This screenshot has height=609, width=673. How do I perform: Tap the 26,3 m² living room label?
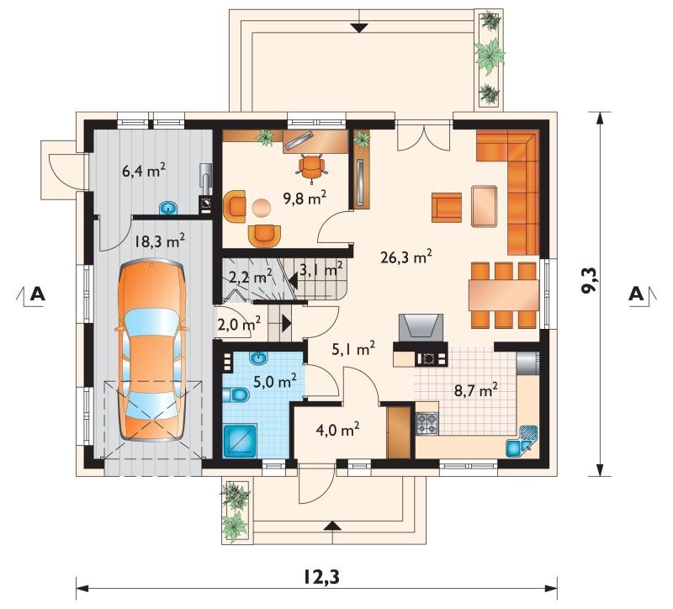406,257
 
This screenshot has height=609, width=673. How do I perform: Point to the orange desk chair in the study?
310,166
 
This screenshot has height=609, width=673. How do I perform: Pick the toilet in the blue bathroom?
236,395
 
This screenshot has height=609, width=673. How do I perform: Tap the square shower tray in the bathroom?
240,440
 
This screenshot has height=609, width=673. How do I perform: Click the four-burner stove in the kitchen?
427,423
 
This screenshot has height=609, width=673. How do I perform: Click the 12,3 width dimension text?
321,578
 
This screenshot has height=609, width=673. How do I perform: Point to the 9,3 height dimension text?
589,280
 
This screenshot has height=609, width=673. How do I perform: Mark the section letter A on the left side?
38,294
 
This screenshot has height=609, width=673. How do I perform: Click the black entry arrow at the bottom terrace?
331,527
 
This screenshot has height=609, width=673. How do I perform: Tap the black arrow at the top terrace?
359,28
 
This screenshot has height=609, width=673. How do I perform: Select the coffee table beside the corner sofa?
485,206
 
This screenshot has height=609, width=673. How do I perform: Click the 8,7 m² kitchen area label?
476,390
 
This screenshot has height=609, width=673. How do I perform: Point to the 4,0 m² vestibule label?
337,429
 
